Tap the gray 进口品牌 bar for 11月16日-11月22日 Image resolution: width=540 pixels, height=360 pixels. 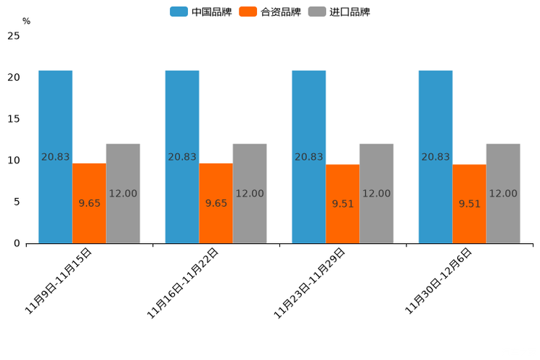pyautogui.click(x=250, y=218)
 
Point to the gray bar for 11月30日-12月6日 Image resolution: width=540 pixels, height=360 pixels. pyautogui.click(x=503, y=218)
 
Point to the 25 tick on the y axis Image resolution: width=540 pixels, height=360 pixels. pyautogui.click(x=13, y=36)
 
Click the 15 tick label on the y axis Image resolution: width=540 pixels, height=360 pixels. pyautogui.click(x=13, y=118)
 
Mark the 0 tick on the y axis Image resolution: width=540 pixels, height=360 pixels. pyautogui.click(x=17, y=243)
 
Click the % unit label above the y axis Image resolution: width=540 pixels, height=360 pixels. pyautogui.click(x=26, y=22)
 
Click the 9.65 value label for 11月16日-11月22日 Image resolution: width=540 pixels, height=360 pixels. pyautogui.click(x=216, y=203)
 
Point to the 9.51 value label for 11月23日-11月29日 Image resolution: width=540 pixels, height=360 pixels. pyautogui.click(x=343, y=204)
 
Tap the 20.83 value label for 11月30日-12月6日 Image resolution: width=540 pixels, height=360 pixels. pyautogui.click(x=435, y=157)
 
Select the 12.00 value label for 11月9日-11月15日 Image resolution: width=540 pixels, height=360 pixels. pyautogui.click(x=123, y=194)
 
